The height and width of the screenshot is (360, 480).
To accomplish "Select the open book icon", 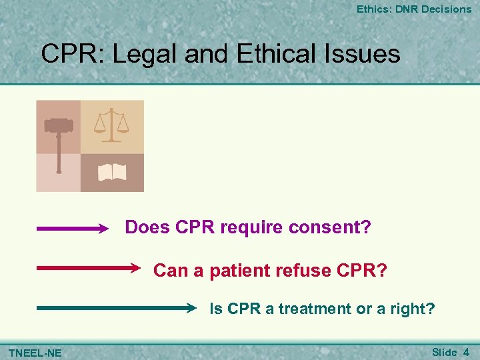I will coord(112,173).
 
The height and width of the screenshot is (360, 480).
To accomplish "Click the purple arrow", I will coord(72,229).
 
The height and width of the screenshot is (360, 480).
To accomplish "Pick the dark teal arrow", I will coord(117,309).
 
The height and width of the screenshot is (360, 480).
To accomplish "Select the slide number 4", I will coord(466,351).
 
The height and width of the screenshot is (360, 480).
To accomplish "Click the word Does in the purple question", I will coord(147,228).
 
